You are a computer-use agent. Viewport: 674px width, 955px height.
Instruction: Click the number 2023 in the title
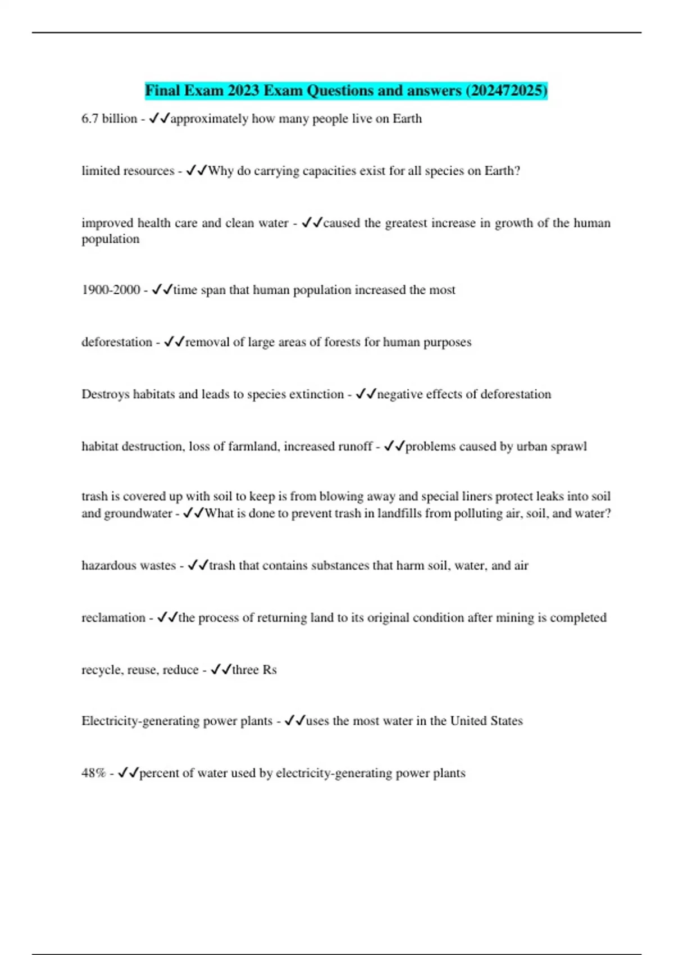pyautogui.click(x=244, y=90)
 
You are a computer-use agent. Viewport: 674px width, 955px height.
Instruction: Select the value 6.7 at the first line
pyautogui.click(x=90, y=119)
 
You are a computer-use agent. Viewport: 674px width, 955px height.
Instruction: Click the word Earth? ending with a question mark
pyautogui.click(x=502, y=171)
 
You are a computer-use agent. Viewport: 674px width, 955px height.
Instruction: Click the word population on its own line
pyautogui.click(x=110, y=239)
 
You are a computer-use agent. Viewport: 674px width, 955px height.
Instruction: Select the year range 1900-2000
pyautogui.click(x=111, y=290)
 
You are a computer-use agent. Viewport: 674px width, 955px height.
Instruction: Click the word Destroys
pyautogui.click(x=105, y=394)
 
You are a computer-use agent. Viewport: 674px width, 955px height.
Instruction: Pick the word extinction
pyautogui.click(x=316, y=394)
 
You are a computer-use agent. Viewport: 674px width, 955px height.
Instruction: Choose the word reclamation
pyautogui.click(x=113, y=618)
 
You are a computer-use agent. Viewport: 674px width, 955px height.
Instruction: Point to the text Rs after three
pyautogui.click(x=269, y=670)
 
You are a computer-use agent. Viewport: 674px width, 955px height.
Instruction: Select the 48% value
pyautogui.click(x=93, y=773)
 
